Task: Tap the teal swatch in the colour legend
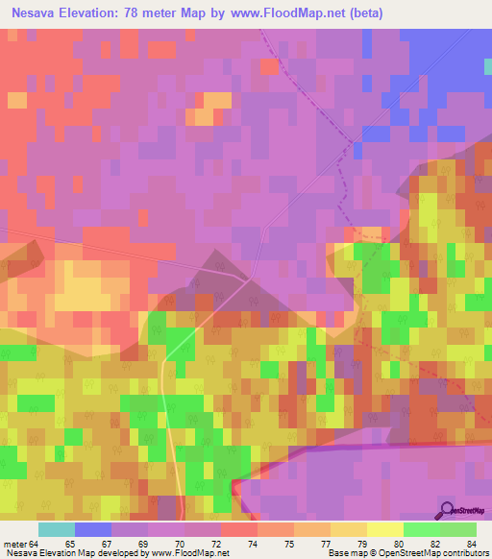click(x=56, y=529)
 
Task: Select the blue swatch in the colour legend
click(x=92, y=529)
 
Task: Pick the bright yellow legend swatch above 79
click(x=384, y=529)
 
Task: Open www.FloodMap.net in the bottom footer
click(x=186, y=553)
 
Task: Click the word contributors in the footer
click(x=462, y=553)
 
